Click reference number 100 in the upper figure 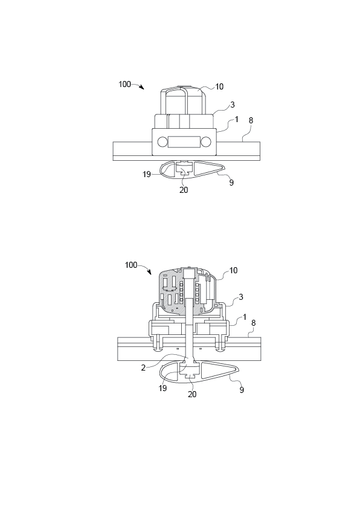[x=124, y=85]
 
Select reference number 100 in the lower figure [x=131, y=265]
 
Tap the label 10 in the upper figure [x=219, y=86]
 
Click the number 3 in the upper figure [x=232, y=105]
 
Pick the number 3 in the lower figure [x=240, y=297]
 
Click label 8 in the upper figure [x=251, y=120]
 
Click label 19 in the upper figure [x=147, y=174]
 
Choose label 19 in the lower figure [x=162, y=389]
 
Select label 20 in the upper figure [x=184, y=190]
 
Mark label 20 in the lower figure [x=192, y=394]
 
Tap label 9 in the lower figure [x=242, y=391]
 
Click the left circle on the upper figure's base [x=162, y=142]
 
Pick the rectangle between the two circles [x=184, y=142]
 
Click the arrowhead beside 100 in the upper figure [x=142, y=88]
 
